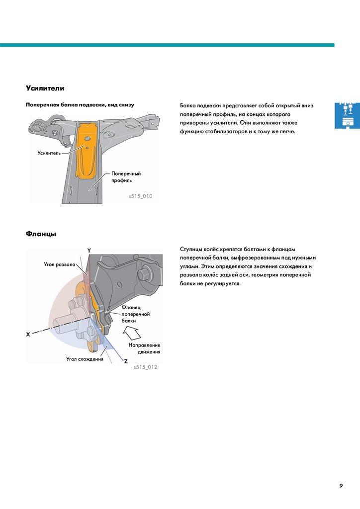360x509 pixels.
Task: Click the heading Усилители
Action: [x=45, y=88]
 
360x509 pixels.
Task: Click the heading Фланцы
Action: [x=41, y=234]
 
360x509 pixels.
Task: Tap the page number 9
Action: [x=341, y=486]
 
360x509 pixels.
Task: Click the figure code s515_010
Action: [x=140, y=196]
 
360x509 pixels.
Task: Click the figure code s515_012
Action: [x=145, y=367]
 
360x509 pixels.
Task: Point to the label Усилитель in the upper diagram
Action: [x=49, y=153]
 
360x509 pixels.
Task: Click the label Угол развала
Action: [x=60, y=264]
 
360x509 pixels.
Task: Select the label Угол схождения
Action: [x=85, y=358]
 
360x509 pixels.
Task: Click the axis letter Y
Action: [x=89, y=251]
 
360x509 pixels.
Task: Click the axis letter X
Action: [x=28, y=335]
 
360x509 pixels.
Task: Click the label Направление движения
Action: [x=144, y=348]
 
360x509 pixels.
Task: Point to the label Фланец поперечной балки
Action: [x=135, y=314]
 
